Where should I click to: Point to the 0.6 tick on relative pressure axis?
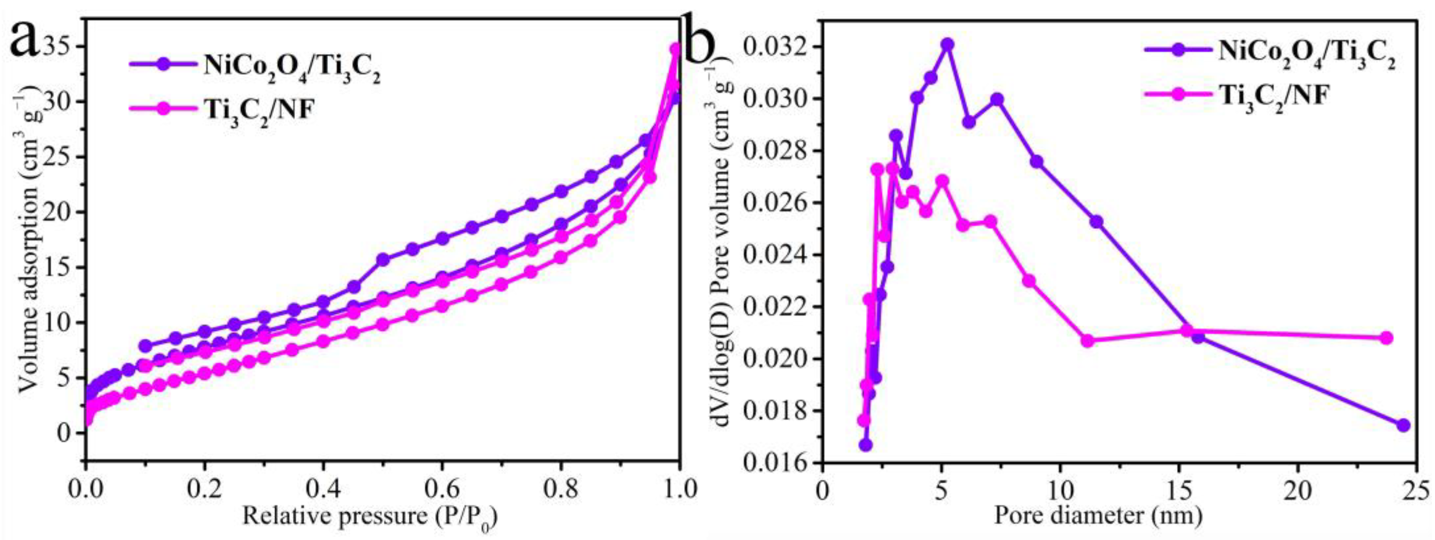tap(442, 490)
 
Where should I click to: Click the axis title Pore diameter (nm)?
tap(1097, 515)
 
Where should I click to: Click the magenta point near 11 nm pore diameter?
tap(1087, 341)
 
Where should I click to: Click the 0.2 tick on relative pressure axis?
tap(205, 490)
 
